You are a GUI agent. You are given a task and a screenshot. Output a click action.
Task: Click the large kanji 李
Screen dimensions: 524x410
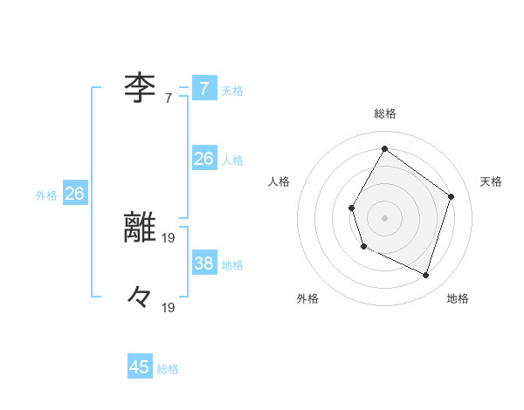pyautogui.click(x=139, y=87)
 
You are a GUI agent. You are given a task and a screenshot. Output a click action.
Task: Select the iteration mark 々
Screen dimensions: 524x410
pyautogui.click(x=139, y=297)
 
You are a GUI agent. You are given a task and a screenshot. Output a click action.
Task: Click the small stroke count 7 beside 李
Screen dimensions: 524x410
pyautogui.click(x=169, y=99)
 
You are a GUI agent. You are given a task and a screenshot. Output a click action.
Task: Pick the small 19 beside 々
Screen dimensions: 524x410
pyautogui.click(x=169, y=307)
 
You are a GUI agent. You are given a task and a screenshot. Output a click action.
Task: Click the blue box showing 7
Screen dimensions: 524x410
pyautogui.click(x=204, y=89)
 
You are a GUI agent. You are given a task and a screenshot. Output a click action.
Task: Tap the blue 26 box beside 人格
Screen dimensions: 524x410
pyautogui.click(x=204, y=159)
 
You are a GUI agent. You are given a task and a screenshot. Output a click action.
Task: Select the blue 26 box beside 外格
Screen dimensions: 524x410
pyautogui.click(x=75, y=194)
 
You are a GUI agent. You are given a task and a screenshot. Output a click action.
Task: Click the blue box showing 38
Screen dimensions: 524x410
pyautogui.click(x=204, y=263)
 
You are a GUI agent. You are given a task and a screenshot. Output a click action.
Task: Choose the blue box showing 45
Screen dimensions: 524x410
pyautogui.click(x=140, y=367)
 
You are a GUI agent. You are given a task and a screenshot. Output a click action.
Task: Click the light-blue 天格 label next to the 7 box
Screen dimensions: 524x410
pyautogui.click(x=232, y=90)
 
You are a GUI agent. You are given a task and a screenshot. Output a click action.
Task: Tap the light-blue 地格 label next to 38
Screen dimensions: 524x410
pyautogui.click(x=232, y=264)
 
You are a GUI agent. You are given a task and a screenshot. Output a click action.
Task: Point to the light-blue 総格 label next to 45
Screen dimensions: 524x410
pyautogui.click(x=168, y=369)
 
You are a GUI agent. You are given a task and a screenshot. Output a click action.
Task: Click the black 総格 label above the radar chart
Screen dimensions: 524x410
pyautogui.click(x=384, y=113)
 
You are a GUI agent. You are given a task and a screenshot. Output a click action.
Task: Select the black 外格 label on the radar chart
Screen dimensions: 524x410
pyautogui.click(x=307, y=298)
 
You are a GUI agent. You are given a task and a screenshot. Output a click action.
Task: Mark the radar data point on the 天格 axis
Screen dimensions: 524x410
pyautogui.click(x=452, y=196)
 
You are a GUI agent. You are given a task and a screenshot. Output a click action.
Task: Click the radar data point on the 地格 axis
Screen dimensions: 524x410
pyautogui.click(x=426, y=276)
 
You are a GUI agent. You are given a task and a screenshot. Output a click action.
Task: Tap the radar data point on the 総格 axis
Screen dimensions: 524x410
pyautogui.click(x=384, y=148)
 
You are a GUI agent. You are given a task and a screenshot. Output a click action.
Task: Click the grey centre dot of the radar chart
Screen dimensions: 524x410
pyautogui.click(x=384, y=218)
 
